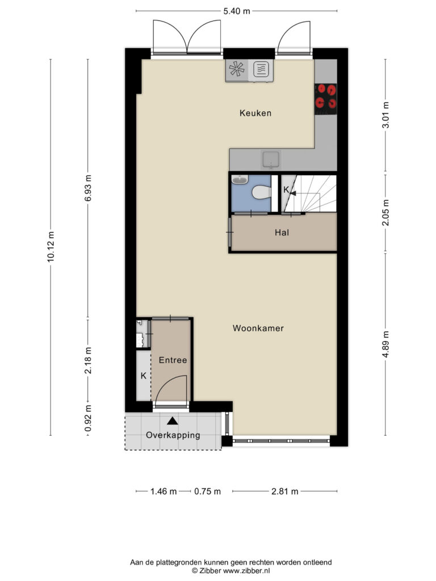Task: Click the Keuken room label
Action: pos(255,113)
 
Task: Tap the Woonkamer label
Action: pos(258,328)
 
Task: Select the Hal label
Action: pos(282,233)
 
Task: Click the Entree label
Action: pos(173,360)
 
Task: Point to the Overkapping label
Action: pos(173,435)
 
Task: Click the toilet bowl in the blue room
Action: pos(260,192)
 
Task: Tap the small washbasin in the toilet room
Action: pos(240,180)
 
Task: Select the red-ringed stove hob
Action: pos(325,99)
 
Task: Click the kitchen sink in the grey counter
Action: pos(271,159)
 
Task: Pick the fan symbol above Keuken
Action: pos(237,69)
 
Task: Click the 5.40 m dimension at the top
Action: pos(237,11)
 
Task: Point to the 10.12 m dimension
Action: pos(51,247)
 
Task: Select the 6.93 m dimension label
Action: pos(88,188)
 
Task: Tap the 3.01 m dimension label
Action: pos(385,115)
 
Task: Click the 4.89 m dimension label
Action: pos(385,344)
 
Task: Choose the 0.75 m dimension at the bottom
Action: pos(207,491)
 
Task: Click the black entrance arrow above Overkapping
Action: pos(173,420)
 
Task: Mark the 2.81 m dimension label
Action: pos(285,491)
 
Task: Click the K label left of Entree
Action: pos(144,376)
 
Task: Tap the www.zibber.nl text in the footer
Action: pos(246,571)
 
